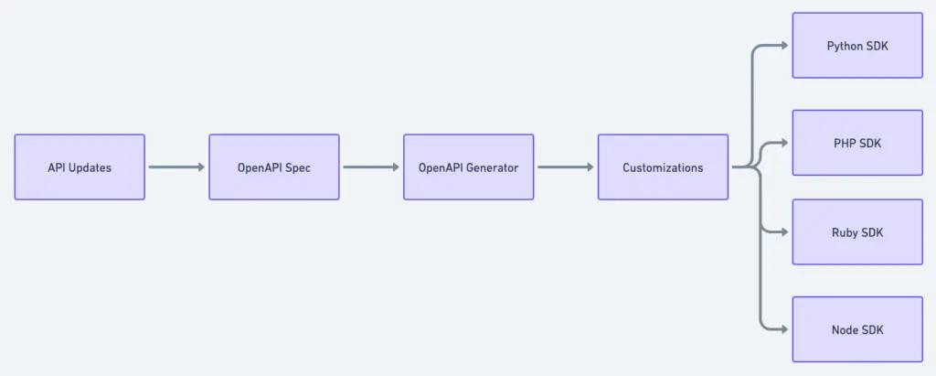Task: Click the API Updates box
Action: tap(80, 167)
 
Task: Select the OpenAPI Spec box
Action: tap(273, 167)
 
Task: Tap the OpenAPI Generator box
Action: tap(468, 167)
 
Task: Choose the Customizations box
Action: tap(663, 167)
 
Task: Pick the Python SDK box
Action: tap(857, 45)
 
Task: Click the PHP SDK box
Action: tap(857, 143)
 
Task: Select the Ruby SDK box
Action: tap(857, 231)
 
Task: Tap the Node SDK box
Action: tap(857, 329)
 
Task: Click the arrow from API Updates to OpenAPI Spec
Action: tap(176, 167)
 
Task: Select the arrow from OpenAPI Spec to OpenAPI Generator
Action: tap(371, 167)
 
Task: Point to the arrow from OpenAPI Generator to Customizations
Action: tap(566, 167)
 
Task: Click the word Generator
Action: tap(492, 167)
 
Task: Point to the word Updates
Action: tap(90, 167)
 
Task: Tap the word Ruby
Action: tap(845, 231)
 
